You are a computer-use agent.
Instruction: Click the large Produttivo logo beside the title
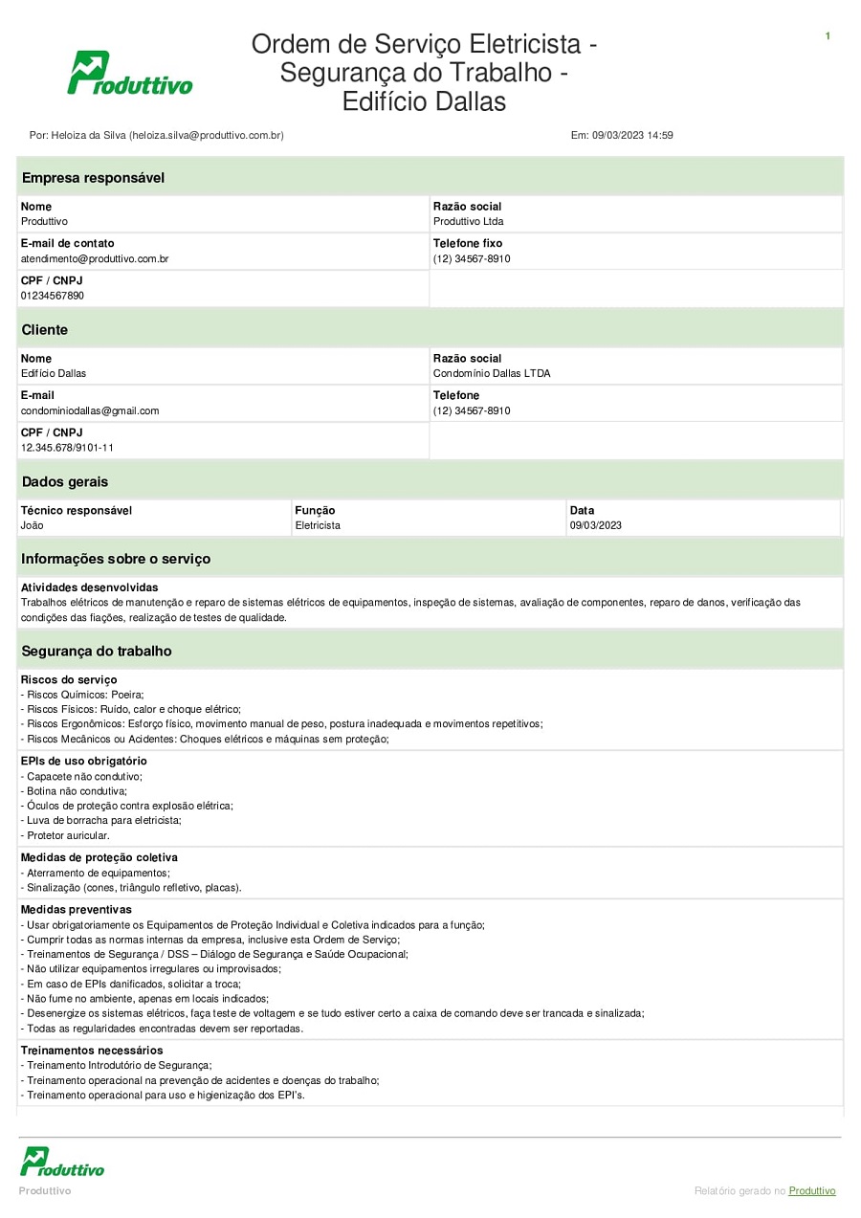129,74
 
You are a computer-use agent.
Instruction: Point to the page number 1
828,36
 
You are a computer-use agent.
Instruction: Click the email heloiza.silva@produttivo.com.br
206,136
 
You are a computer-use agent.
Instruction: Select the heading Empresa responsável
93,178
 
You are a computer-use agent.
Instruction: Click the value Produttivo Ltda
468,222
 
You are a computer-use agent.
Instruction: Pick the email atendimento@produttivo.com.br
95,259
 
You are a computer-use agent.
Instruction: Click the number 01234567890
53,297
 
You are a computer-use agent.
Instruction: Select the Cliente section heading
45,330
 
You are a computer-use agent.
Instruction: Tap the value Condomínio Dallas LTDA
492,374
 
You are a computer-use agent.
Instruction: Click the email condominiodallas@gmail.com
90,411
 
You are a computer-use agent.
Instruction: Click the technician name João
32,525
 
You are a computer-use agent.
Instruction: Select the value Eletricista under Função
318,525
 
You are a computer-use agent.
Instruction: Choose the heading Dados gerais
65,482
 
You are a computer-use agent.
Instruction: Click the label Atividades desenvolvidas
89,587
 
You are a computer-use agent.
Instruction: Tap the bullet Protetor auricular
68,835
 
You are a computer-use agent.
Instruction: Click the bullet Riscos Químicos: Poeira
84,695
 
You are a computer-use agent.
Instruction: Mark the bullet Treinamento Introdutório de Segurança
119,1065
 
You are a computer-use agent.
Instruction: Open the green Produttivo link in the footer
812,1191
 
